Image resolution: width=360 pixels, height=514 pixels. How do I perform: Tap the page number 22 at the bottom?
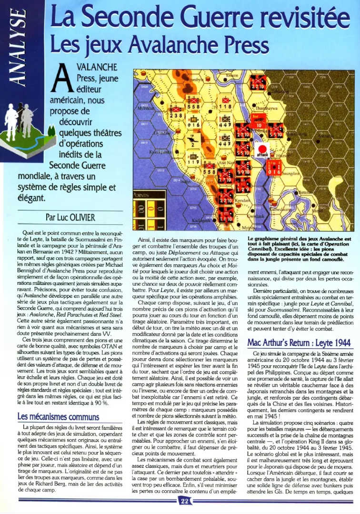184,500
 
